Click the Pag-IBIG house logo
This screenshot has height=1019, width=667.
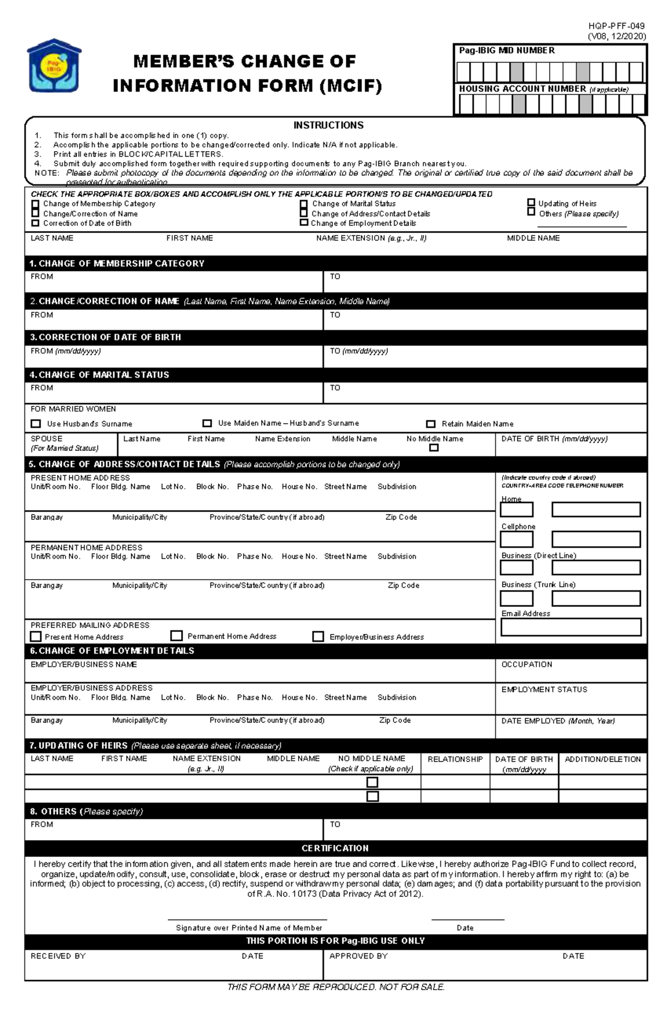pos(54,66)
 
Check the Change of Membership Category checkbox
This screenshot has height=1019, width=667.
pos(36,204)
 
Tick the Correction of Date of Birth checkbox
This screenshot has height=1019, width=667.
pos(36,223)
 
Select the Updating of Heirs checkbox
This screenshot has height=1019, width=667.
pos(531,203)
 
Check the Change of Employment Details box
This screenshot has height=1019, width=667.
pos(303,223)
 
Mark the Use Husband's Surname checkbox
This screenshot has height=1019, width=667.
pos(36,424)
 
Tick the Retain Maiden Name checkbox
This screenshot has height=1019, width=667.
pos(430,424)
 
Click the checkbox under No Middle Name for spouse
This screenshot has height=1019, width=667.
pos(434,448)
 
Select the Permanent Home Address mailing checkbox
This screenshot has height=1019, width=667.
pos(177,635)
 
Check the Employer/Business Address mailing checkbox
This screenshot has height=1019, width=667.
pos(318,636)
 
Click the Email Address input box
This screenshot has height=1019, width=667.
pos(570,627)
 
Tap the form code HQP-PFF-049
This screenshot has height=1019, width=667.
pos(616,26)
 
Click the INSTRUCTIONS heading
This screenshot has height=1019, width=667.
pos(328,126)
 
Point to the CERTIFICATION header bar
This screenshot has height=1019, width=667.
pos(335,848)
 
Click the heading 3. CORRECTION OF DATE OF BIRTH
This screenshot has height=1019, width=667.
pos(106,337)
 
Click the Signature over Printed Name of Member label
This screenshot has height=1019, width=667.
pos(248,927)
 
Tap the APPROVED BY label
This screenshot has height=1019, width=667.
pos(358,956)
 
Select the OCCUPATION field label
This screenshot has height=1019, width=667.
pos(526,664)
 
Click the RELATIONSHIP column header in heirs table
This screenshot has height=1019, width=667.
pos(455,759)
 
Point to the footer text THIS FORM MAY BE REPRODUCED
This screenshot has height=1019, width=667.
pos(336,987)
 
